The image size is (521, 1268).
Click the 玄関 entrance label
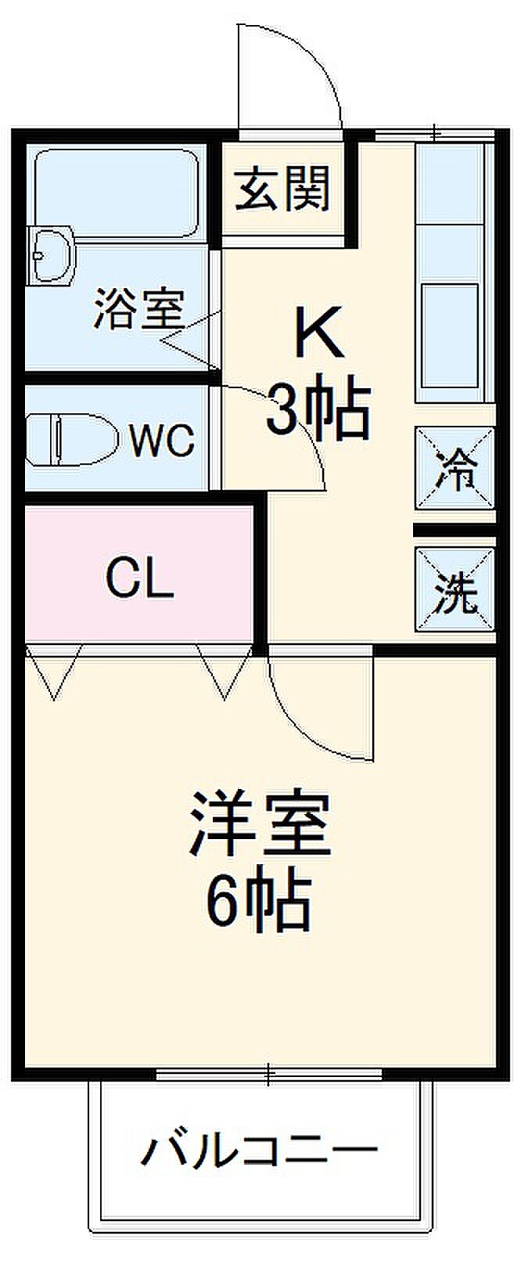(283, 189)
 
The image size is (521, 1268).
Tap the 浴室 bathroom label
(138, 309)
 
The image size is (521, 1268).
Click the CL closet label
(138, 580)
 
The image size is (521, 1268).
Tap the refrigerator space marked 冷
(455, 470)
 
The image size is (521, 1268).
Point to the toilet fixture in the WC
(70, 441)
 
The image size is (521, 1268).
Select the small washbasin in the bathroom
(52, 254)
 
